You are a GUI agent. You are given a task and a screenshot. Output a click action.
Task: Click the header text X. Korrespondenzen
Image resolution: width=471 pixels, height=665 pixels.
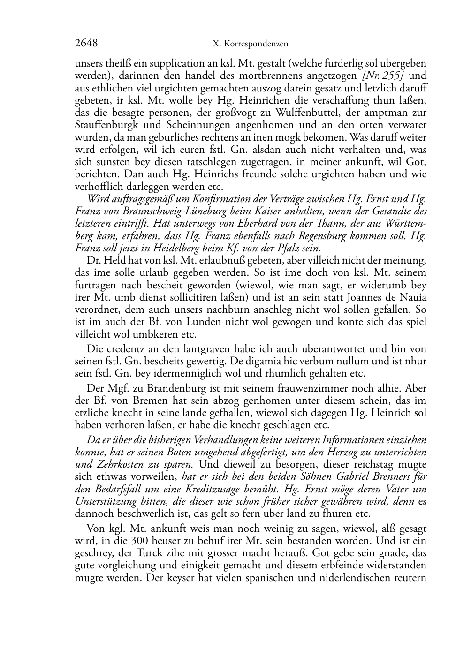pyautogui.click(x=250, y=44)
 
